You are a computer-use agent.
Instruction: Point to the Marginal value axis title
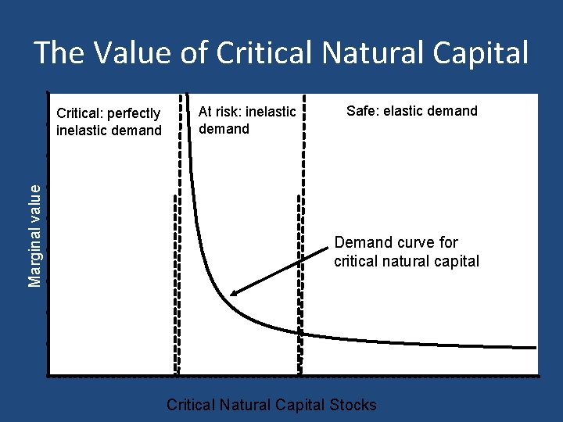(35, 235)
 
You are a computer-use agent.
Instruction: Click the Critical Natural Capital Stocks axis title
(271, 405)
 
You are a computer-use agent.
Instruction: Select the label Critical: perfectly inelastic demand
(109, 123)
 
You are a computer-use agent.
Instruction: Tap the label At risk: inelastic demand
(247, 120)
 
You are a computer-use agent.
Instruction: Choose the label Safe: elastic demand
(411, 111)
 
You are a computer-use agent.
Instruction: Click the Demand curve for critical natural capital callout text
(406, 252)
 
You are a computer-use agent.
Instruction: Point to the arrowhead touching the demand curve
(234, 294)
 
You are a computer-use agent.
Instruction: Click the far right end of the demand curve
(536, 347)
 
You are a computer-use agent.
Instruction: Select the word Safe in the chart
(361, 111)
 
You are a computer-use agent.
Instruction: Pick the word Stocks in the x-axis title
(354, 405)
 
